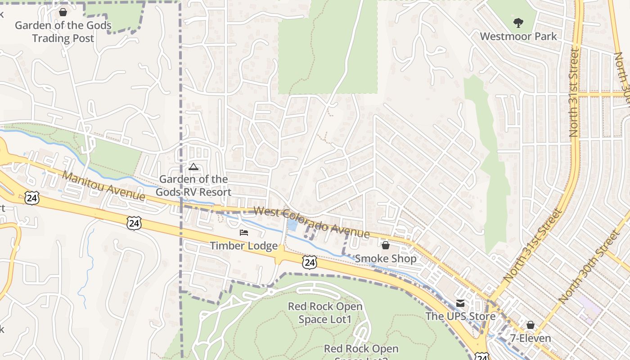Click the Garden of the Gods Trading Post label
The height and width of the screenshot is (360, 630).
coord(63,31)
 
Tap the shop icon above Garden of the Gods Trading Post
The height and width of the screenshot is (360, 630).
coord(63,12)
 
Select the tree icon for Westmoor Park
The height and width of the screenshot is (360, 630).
coord(518,22)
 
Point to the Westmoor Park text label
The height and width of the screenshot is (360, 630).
coord(518,36)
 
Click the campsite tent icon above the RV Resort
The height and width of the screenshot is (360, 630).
coord(193,167)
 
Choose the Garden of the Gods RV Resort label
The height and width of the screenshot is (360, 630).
coord(193,185)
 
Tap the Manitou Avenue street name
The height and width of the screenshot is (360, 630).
coord(103,186)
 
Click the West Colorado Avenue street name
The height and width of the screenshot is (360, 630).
coord(311,222)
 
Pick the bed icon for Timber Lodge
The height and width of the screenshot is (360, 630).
coord(244,233)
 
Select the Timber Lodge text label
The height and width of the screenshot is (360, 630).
coord(244,246)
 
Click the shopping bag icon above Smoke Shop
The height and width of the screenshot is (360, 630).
coord(386,245)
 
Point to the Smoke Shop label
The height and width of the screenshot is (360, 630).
coord(386,259)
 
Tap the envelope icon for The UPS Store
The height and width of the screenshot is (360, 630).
coord(460,303)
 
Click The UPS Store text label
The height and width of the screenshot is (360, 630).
coord(460,316)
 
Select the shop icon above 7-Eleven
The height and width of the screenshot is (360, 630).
coord(531,325)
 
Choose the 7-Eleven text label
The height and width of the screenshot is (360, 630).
coord(531,338)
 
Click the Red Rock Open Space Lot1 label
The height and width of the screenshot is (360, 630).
coord(325,313)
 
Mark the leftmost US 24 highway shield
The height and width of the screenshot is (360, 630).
coord(32,198)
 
